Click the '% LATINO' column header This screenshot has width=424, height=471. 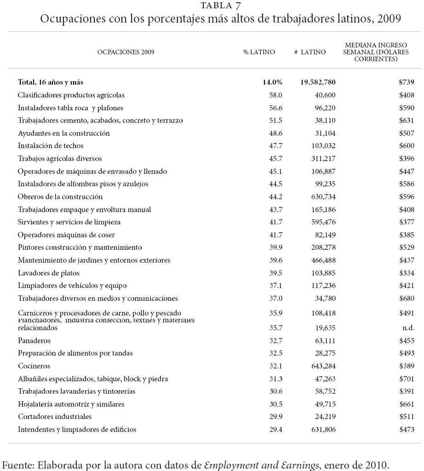(259, 52)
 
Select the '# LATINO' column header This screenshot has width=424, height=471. (310, 52)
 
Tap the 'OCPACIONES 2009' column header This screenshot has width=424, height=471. (126, 52)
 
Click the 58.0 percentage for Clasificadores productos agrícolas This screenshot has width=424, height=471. (275, 95)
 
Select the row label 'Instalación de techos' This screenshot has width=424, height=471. (51, 146)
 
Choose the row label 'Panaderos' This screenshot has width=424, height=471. (34, 341)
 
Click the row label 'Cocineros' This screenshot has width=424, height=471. (34, 366)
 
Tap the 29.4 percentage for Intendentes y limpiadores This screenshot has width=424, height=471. (275, 430)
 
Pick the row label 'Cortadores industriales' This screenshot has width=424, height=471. (55, 417)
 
